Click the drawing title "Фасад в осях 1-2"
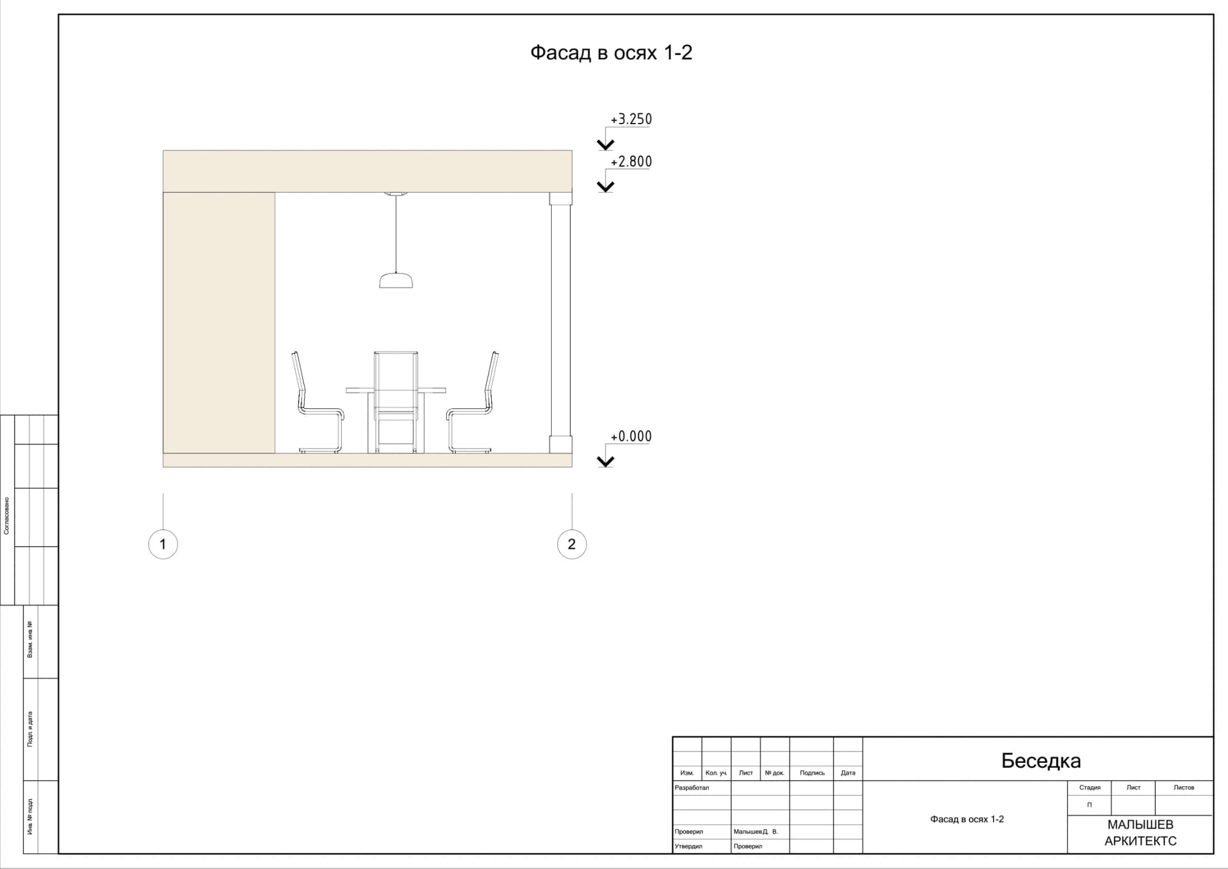coord(611,53)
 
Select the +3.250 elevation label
coord(631,119)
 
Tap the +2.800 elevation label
coord(631,162)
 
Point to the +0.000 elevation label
coord(631,437)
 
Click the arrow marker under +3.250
coord(606,145)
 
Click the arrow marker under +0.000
coord(606,461)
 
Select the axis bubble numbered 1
coord(162,545)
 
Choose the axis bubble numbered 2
coord(571,545)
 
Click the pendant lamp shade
coord(396,280)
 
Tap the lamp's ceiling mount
coord(396,194)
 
